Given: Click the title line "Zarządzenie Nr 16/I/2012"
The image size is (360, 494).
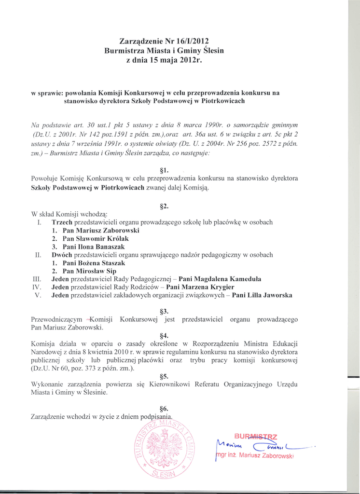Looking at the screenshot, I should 164,41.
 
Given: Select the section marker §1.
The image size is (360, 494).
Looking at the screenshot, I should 164,170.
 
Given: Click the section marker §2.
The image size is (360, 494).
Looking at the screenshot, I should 164,206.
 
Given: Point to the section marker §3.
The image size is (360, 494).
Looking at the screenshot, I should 164,311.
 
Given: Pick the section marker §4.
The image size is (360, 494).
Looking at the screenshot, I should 164,335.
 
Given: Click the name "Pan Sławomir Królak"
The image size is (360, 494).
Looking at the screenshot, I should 96,238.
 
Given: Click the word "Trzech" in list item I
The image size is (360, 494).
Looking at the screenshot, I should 62,222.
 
